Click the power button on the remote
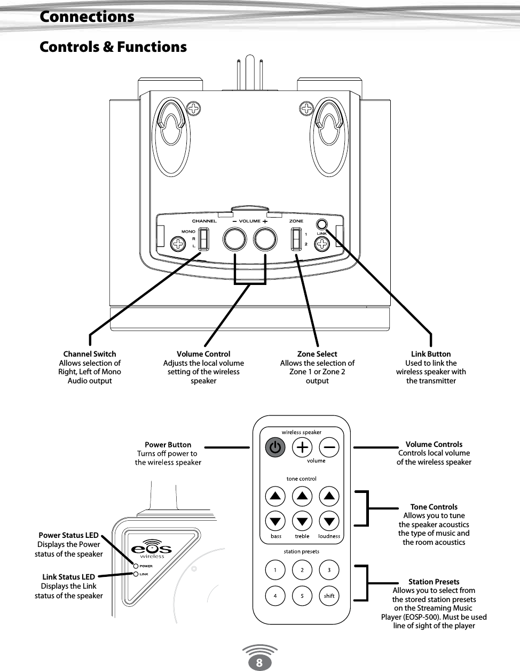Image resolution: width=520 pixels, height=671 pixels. pyautogui.click(x=275, y=448)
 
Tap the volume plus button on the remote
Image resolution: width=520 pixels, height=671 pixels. pyautogui.click(x=302, y=448)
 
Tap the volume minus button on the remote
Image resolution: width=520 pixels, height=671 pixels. pyautogui.click(x=329, y=448)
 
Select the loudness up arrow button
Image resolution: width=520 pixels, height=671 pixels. pyautogui.click(x=329, y=496)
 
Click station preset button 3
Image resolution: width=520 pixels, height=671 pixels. pyautogui.click(x=329, y=570)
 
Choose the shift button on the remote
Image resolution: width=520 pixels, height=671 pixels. pyautogui.click(x=329, y=596)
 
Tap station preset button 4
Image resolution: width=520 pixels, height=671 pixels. pyautogui.click(x=275, y=596)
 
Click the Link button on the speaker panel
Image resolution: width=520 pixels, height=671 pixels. pyautogui.click(x=321, y=225)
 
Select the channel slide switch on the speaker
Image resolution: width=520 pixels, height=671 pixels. pyautogui.click(x=203, y=239)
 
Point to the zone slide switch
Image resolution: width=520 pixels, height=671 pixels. pyautogui.click(x=296, y=239)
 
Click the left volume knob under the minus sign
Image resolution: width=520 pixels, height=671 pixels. pyautogui.click(x=235, y=239)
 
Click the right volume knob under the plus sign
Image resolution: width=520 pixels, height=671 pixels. pyautogui.click(x=265, y=239)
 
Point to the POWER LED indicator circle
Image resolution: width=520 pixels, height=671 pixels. pyautogui.click(x=136, y=566)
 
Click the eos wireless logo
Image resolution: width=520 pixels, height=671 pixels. pyautogui.click(x=152, y=549)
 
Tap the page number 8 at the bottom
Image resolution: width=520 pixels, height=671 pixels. pyautogui.click(x=259, y=663)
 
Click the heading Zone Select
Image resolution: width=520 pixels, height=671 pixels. pyautogui.click(x=317, y=354)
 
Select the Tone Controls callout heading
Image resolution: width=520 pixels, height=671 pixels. pyautogui.click(x=434, y=507)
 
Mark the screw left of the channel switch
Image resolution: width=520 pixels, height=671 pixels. pyautogui.click(x=177, y=244)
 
